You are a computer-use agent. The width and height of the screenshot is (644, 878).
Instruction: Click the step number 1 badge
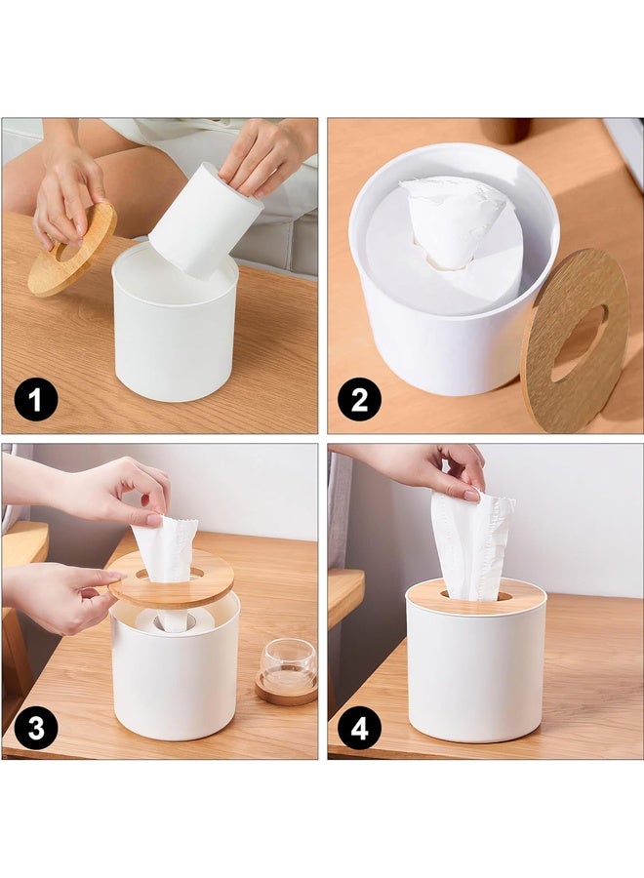pyautogui.click(x=35, y=401)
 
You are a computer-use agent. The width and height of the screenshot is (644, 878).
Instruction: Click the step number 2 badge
pyautogui.click(x=359, y=401)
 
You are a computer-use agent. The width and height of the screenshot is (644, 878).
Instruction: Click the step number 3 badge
pyautogui.click(x=35, y=727)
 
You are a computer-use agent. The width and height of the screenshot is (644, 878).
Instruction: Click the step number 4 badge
pyautogui.click(x=359, y=727)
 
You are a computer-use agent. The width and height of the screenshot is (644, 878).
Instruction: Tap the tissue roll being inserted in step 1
pyautogui.click(x=202, y=222)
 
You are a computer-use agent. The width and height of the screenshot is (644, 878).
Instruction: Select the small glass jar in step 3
pyautogui.click(x=288, y=665)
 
